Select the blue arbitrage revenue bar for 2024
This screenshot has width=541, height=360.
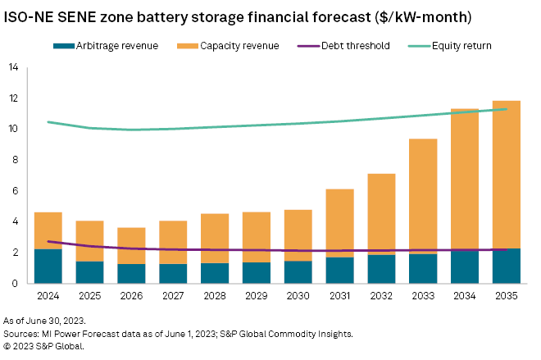(x=48, y=266)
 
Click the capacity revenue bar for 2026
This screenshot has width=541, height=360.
(x=132, y=245)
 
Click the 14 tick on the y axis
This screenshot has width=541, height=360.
(x=12, y=68)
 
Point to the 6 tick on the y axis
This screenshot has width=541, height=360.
(x=15, y=191)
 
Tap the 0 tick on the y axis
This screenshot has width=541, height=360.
(x=15, y=284)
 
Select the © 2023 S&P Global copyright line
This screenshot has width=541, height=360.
(x=47, y=347)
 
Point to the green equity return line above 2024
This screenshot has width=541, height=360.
(x=48, y=121)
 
